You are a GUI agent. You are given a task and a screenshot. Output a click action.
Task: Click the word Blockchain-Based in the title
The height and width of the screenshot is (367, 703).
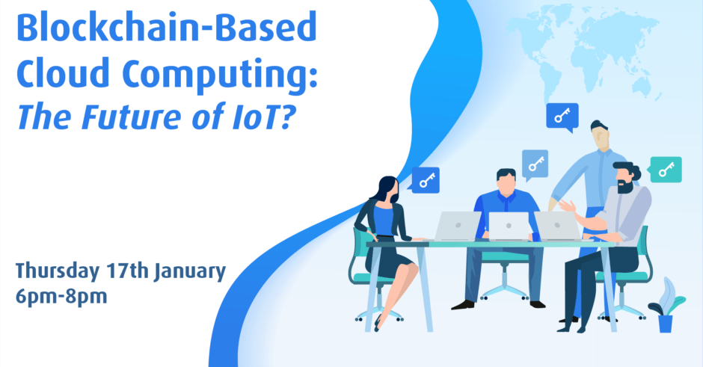[167, 27]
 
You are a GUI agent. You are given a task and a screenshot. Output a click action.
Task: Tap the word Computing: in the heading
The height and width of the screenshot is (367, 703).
[220, 75]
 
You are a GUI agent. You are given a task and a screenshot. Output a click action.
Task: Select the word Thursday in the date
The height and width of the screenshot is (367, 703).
[58, 272]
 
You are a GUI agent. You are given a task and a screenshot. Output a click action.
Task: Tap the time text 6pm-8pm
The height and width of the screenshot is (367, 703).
[61, 297]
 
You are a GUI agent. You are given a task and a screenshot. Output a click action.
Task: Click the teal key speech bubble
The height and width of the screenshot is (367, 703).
[666, 170]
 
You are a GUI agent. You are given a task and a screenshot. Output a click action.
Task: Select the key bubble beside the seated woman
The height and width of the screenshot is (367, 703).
[425, 180]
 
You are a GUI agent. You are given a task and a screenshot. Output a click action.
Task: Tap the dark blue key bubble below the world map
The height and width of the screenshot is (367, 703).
[562, 117]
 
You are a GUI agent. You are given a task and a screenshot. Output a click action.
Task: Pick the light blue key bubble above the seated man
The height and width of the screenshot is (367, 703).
[535, 164]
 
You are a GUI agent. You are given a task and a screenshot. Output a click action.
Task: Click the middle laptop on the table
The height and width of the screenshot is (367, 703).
[509, 226]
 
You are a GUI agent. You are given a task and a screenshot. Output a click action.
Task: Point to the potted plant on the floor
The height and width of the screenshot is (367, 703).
[666, 306]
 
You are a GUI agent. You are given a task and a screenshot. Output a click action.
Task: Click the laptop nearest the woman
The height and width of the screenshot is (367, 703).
[457, 226]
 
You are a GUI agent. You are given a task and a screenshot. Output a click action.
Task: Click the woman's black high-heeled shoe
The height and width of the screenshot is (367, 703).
[378, 323]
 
